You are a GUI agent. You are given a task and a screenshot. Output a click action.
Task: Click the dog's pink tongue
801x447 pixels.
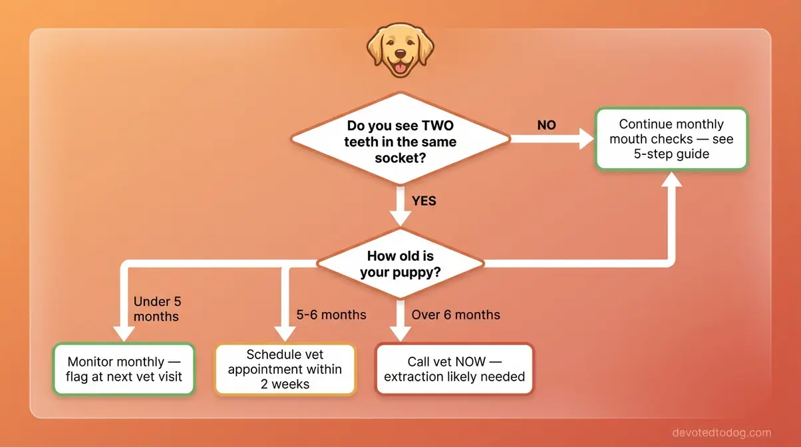tap(400, 67)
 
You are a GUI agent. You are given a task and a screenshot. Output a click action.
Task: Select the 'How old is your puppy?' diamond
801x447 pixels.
tap(400, 264)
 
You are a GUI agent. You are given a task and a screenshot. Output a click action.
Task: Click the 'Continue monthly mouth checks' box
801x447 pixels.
tap(671, 139)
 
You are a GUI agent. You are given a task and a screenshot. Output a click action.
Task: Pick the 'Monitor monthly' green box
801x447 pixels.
tap(124, 369)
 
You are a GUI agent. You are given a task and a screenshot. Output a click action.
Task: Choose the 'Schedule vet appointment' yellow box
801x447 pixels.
tap(285, 369)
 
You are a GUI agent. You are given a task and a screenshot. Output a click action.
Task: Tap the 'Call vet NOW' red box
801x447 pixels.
tap(454, 369)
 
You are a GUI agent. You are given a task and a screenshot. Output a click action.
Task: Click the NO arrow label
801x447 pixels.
tap(546, 125)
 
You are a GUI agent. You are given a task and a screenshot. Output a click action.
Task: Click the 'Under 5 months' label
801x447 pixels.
tap(157, 309)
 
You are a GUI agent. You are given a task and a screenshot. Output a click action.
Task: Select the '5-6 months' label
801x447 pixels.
tap(331, 315)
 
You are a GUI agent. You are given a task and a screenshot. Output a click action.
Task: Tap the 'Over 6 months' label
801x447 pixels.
tap(456, 315)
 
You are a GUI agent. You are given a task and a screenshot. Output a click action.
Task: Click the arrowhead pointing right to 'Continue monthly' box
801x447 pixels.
tap(585, 140)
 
